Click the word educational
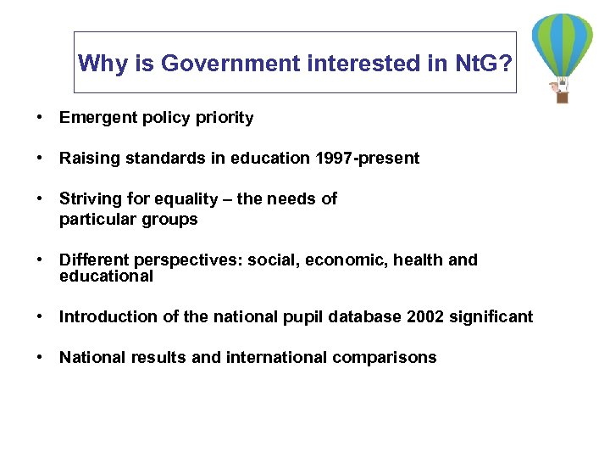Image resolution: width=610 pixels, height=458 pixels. point(106,276)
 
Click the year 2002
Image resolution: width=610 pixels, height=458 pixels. point(425,317)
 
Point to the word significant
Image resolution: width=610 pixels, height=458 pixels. point(492,317)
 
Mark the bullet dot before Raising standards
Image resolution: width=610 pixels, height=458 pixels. point(41,159)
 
